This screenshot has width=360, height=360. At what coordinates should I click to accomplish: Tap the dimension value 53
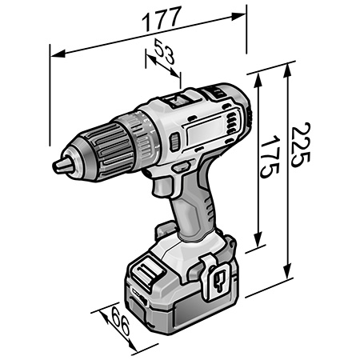[x=164, y=58]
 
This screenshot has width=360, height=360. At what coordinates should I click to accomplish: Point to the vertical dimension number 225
[x=298, y=144]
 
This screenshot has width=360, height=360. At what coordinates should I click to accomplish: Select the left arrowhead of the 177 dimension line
[x=53, y=56]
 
